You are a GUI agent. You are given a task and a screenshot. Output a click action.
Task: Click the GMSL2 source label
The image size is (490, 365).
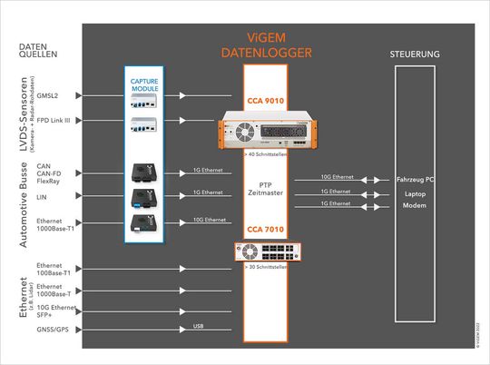[48, 95]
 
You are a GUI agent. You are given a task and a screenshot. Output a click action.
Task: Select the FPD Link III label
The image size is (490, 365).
[54, 120]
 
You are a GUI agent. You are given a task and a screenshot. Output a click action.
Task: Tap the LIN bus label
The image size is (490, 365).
[42, 195]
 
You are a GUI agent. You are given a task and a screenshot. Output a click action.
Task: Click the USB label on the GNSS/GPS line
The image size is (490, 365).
[199, 325]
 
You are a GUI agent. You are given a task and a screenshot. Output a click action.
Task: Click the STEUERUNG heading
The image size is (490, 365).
[415, 55]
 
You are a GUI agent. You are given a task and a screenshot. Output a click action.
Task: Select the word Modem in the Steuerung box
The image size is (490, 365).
[415, 207]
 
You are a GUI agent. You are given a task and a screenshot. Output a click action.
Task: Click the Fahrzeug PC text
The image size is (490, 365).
[415, 180]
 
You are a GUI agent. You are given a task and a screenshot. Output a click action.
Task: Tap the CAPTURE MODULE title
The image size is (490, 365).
[144, 85]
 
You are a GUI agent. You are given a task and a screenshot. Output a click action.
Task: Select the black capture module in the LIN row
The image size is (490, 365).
[144, 195]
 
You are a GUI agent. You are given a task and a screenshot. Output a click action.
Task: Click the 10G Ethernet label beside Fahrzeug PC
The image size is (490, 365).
[338, 175]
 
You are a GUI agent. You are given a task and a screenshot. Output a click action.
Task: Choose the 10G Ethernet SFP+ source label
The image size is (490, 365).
[56, 311]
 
